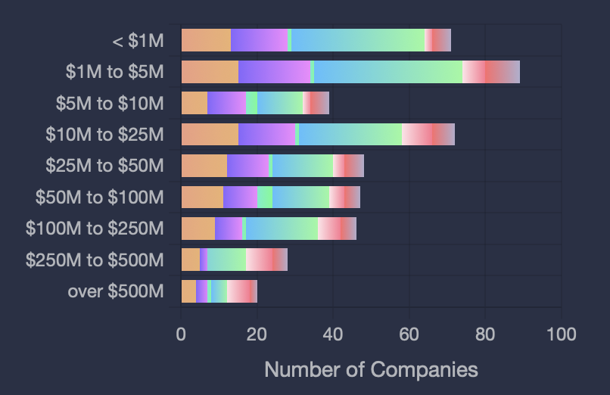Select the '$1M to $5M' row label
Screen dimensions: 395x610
tap(114, 72)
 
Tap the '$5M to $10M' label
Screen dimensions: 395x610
tap(110, 103)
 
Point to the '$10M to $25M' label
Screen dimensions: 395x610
tap(104, 135)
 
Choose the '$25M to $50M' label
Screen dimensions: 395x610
tap(104, 166)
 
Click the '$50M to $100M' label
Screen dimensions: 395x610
tap(99, 197)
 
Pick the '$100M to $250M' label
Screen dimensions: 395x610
tap(95, 229)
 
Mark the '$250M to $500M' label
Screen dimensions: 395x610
tap(95, 260)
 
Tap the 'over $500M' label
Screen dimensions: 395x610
tap(116, 291)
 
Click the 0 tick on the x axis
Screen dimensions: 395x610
tap(181, 334)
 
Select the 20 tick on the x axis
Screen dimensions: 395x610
tap(257, 334)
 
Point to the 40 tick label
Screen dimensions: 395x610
tap(333, 334)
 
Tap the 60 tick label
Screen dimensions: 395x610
tap(409, 334)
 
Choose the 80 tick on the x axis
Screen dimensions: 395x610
tap(485, 334)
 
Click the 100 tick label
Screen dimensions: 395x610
tap(561, 334)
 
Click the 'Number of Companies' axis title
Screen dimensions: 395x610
tap(371, 369)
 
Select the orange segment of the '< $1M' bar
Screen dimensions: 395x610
tap(206, 40)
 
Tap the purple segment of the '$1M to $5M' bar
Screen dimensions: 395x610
tap(274, 72)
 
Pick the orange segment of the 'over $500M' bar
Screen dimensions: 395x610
tap(188, 291)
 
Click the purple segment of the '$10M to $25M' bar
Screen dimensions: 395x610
tap(266, 135)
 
